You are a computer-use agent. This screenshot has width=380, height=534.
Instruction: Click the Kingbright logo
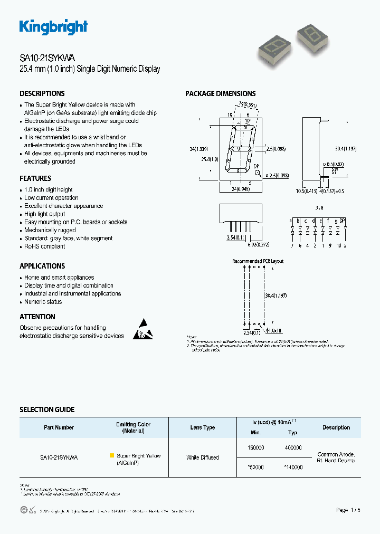point(53,27)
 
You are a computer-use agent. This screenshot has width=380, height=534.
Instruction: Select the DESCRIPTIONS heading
point(42,93)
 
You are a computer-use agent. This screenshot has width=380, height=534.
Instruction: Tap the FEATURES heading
point(35,178)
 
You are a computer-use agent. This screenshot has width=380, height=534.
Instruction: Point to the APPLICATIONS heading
point(42,266)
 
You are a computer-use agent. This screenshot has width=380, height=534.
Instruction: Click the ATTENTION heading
point(37,317)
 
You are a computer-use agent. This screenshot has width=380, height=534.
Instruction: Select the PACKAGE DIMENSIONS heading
point(220,93)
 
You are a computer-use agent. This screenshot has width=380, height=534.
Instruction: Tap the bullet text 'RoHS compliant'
point(45,246)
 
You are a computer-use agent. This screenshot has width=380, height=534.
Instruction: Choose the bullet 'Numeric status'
point(43,302)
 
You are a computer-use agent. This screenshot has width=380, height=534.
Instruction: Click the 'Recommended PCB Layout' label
point(258,261)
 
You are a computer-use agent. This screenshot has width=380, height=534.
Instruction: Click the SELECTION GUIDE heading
point(47,409)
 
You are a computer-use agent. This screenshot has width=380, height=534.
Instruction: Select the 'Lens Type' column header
point(203,427)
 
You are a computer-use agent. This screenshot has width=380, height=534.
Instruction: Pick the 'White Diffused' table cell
point(203,457)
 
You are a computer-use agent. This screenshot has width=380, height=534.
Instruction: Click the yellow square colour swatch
point(111,455)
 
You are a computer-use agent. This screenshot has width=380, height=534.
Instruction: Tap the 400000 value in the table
point(293,447)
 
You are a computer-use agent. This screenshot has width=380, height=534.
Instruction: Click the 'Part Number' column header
point(59,427)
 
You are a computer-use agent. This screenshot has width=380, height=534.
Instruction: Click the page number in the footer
point(348,510)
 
